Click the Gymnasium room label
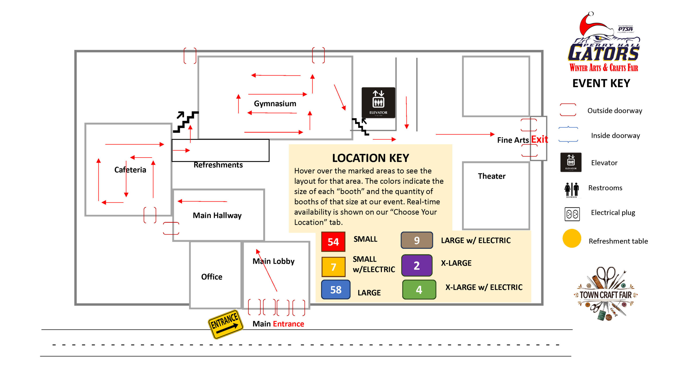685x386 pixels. [275, 103]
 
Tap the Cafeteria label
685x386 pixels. [130, 170]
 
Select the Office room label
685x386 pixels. [212, 277]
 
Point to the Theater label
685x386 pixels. [492, 176]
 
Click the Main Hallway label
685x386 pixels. [217, 215]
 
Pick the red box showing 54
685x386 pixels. [333, 242]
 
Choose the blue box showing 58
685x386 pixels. [336, 289]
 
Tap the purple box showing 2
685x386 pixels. [417, 265]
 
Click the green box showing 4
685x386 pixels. [419, 289]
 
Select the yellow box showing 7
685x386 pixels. [333, 267]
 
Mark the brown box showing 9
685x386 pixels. [417, 240]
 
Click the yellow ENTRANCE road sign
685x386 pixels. [225, 324]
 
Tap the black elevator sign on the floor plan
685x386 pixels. [378, 102]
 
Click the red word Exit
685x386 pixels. [539, 139]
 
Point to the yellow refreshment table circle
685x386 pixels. [572, 238]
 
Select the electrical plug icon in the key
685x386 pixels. [572, 214]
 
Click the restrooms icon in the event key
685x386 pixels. [572, 190]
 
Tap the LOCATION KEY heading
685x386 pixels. [371, 158]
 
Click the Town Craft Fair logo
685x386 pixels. [606, 294]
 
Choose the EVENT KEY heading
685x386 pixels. [601, 83]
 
